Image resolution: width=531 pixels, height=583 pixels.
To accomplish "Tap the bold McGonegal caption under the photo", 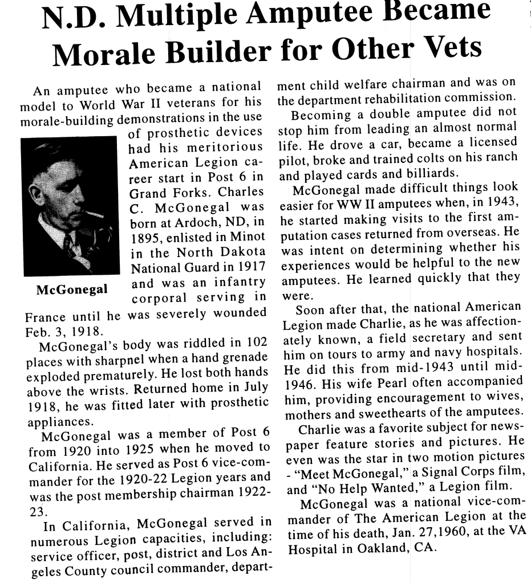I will pos(72,290).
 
